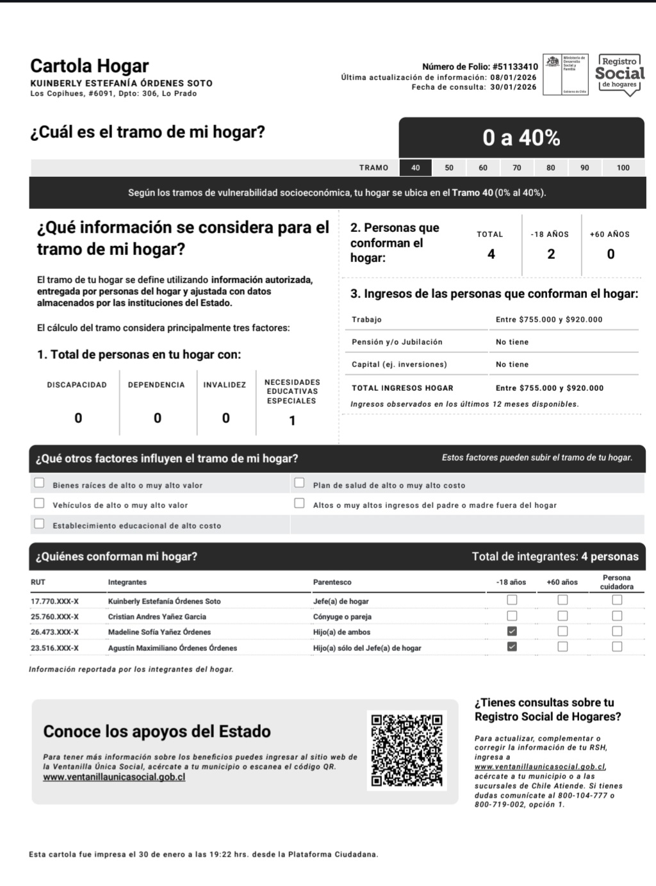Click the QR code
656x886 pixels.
click(407, 750)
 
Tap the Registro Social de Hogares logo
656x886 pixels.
click(619, 75)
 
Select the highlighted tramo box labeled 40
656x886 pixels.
click(416, 168)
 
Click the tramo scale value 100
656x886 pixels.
click(623, 168)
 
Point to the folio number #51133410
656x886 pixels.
click(515, 67)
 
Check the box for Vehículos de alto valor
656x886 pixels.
click(39, 504)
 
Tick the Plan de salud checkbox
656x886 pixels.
click(299, 483)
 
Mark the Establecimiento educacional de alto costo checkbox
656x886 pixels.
click(39, 524)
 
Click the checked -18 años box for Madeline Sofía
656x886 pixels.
click(512, 632)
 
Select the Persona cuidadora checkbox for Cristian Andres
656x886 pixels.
click(617, 616)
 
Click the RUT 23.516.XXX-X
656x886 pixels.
click(55, 648)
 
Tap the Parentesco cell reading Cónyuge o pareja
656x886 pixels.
click(342, 617)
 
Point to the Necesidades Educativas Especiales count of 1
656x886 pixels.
click(292, 421)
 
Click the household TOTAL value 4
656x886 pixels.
click(491, 254)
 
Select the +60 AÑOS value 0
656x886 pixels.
click(611, 254)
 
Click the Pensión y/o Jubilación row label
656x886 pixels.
click(397, 342)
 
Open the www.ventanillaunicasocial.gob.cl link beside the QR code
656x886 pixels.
click(114, 777)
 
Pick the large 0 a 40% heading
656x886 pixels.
click(521, 138)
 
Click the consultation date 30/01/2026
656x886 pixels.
click(513, 87)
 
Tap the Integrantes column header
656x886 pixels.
click(127, 582)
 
